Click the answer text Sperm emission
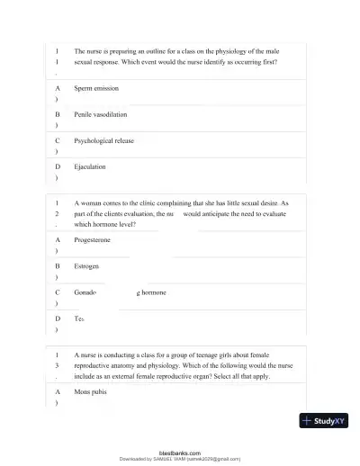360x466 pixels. tap(96, 89)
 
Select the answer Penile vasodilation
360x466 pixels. tap(101, 115)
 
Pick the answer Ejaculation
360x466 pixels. tap(90, 166)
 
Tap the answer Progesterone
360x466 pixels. tap(94, 241)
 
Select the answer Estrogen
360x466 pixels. tap(87, 267)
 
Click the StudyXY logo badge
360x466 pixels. tap(325, 421)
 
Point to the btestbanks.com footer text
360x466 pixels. tap(179, 453)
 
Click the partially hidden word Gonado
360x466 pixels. tap(85, 292)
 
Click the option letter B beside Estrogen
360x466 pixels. tap(58, 267)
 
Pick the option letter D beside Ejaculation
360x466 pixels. tap(58, 166)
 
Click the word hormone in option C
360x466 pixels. tap(153, 292)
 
